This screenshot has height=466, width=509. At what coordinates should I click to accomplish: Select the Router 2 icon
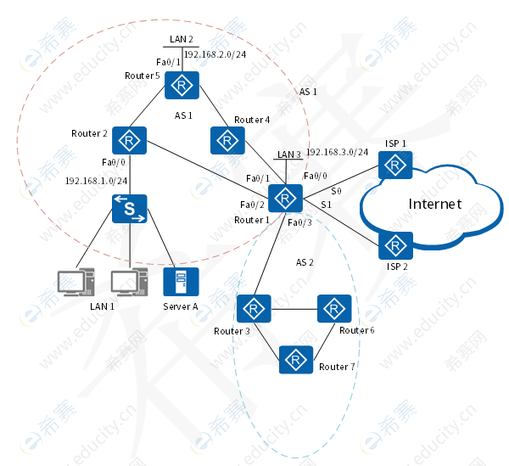pyautogui.click(x=130, y=139)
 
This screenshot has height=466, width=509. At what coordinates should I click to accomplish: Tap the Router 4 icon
pyautogui.click(x=227, y=139)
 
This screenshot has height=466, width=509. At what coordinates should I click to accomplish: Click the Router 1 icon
pyautogui.click(x=287, y=198)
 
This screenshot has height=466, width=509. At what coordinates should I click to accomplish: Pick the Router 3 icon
pyautogui.click(x=253, y=308)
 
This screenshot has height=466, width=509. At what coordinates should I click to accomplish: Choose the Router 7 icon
pyautogui.click(x=296, y=360)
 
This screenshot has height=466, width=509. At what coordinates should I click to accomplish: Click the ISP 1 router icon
pyautogui.click(x=394, y=165)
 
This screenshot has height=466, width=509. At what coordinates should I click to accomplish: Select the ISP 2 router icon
pyautogui.click(x=394, y=245)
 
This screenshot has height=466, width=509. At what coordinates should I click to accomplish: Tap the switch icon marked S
pyautogui.click(x=130, y=210)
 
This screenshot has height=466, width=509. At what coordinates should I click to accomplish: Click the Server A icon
pyautogui.click(x=181, y=282)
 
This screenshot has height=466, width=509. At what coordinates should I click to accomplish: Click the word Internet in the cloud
pyautogui.click(x=435, y=204)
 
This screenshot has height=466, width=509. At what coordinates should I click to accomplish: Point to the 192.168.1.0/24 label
pyautogui.click(x=97, y=181)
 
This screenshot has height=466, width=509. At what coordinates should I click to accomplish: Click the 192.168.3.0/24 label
pyautogui.click(x=338, y=152)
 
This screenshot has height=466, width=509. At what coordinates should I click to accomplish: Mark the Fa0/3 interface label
pyautogui.click(x=300, y=222)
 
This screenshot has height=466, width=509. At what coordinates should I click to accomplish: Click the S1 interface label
pyautogui.click(x=326, y=205)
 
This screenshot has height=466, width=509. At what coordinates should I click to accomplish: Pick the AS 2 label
pyautogui.click(x=305, y=262)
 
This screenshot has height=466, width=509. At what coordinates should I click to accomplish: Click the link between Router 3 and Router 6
pyautogui.click(x=294, y=308)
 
